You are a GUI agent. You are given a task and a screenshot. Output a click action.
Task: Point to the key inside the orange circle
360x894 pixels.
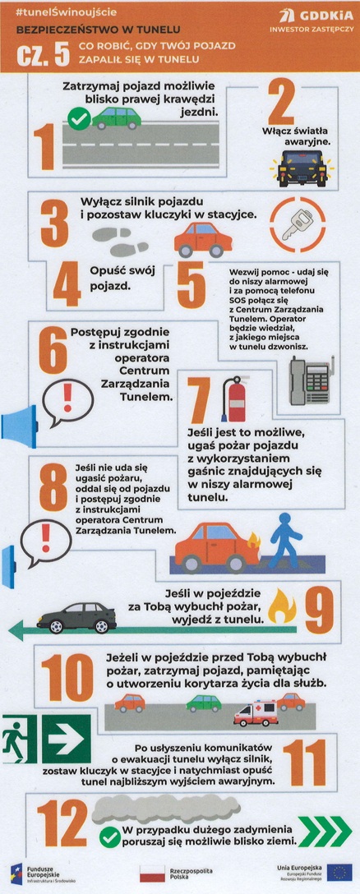tap(298, 225)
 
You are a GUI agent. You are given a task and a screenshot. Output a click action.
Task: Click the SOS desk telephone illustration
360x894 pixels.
tap(312, 380)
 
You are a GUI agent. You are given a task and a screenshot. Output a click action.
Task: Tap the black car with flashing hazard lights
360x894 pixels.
tap(302, 168)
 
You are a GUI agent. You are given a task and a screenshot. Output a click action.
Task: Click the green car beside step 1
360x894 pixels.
tap(117, 118)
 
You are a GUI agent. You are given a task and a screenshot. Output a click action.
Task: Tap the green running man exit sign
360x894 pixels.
tap(20, 739)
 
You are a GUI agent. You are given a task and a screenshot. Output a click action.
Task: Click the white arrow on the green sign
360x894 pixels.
tap(67, 739)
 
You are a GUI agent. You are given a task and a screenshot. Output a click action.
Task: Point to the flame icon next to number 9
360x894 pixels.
tap(283, 606)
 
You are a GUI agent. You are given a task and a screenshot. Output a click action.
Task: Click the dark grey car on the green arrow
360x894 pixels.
tap(76, 617)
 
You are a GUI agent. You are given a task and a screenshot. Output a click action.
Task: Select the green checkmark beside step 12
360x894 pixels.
tap(109, 837)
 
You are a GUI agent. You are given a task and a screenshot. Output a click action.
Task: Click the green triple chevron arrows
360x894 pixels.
tap(325, 832)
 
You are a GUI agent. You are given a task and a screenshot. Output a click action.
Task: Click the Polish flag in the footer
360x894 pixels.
tap(152, 873)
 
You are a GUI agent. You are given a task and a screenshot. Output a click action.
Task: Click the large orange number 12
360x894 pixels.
tap(62, 822)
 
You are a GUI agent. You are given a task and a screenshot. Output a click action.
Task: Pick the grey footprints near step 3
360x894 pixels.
tap(120, 242)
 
